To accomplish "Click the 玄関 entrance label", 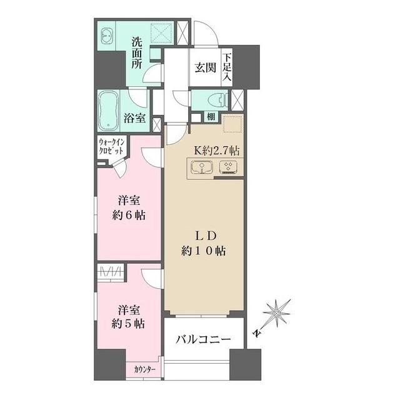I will tap(205, 67).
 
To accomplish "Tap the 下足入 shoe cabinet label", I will tap(227, 67).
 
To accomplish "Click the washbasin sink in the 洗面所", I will tap(107, 36).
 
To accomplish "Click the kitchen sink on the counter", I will tap(202, 167).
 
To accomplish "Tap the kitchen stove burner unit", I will tap(228, 167).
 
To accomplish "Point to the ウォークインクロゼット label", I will tap(112, 149).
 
